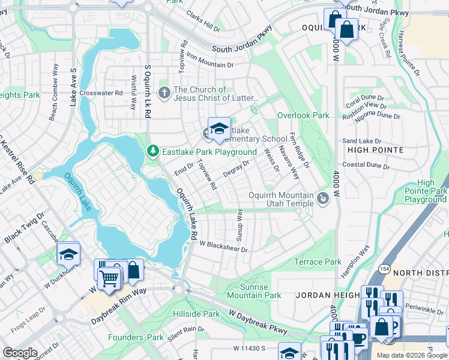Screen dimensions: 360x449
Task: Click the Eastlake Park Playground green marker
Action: coord(152,152)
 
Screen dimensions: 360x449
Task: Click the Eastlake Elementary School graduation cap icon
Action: coord(219,129)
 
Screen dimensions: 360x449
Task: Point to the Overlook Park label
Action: coord(303,115)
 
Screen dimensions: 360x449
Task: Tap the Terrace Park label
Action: coord(318,262)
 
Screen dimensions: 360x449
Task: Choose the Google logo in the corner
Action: coord(20,353)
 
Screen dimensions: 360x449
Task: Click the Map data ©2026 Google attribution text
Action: coord(412,355)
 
